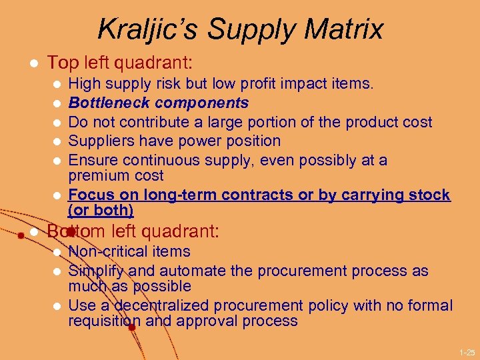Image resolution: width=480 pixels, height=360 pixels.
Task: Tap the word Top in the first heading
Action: point(63,63)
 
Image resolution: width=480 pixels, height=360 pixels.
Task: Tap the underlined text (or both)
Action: point(101,211)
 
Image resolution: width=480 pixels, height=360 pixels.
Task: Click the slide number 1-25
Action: point(467,351)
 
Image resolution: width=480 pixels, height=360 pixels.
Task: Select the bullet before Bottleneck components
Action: point(57,104)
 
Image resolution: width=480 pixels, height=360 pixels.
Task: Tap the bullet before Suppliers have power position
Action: point(57,141)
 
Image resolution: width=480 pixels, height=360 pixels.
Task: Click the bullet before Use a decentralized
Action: point(57,307)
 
